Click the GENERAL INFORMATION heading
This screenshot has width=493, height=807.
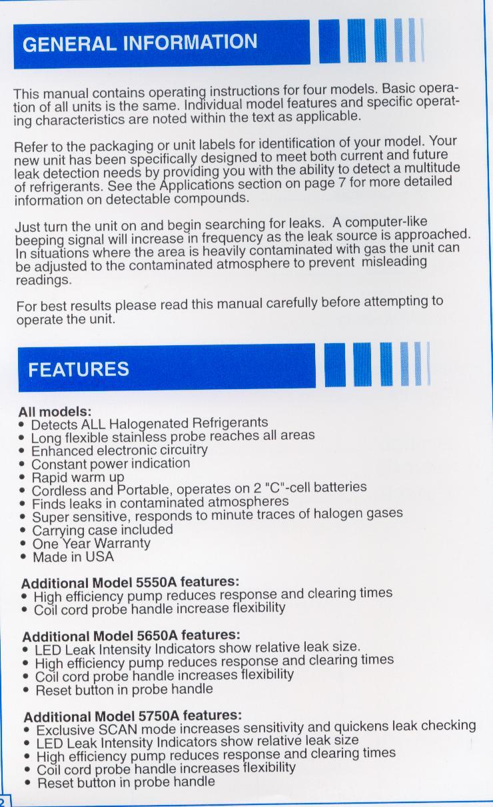[139, 43]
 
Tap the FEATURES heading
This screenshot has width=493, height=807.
[79, 369]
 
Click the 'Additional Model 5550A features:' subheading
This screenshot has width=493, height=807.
[130, 581]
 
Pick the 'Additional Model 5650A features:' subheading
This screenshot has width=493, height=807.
[131, 635]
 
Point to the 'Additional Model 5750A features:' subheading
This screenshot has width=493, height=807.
[133, 716]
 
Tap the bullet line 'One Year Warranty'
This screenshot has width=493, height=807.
[91, 543]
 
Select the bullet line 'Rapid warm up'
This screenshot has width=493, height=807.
[78, 477]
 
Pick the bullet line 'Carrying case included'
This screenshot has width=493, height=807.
[102, 530]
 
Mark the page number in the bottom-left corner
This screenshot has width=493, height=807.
[3, 801]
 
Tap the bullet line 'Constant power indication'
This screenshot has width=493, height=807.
[111, 464]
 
